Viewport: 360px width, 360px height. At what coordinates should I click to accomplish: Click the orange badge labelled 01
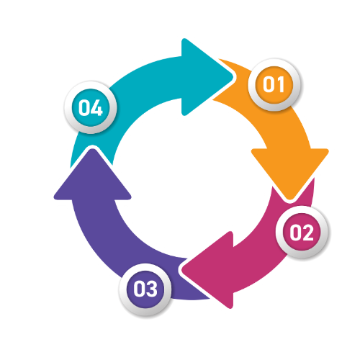pyautogui.click(x=274, y=84)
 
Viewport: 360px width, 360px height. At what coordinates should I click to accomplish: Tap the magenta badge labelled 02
pyautogui.click(x=302, y=232)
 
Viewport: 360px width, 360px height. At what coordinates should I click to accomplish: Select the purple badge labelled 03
pyautogui.click(x=145, y=289)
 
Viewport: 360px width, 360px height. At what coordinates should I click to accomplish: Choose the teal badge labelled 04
pyautogui.click(x=91, y=107)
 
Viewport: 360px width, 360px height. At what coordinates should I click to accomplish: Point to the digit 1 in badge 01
pyautogui.click(x=280, y=84)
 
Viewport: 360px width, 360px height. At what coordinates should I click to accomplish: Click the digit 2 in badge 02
pyautogui.click(x=307, y=233)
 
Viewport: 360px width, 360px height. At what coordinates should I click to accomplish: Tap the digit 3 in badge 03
pyautogui.click(x=151, y=289)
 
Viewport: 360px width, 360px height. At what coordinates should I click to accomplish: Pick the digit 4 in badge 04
pyautogui.click(x=96, y=108)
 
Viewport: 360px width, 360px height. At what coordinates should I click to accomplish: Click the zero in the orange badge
pyautogui.click(x=269, y=84)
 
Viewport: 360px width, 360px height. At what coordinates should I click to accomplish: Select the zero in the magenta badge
pyautogui.click(x=296, y=233)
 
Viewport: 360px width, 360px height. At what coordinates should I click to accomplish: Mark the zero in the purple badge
pyautogui.click(x=139, y=289)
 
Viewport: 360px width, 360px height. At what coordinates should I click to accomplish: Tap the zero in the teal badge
pyautogui.click(x=84, y=108)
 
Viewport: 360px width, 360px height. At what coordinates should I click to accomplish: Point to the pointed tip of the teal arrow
pyautogui.click(x=233, y=77)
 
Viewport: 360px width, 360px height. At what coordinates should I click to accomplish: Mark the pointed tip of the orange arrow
pyautogui.click(x=290, y=199)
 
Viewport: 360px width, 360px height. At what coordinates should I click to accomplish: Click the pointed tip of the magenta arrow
pyautogui.click(x=181, y=269)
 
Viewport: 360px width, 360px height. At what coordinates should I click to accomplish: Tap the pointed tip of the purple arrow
pyautogui.click(x=92, y=149)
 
